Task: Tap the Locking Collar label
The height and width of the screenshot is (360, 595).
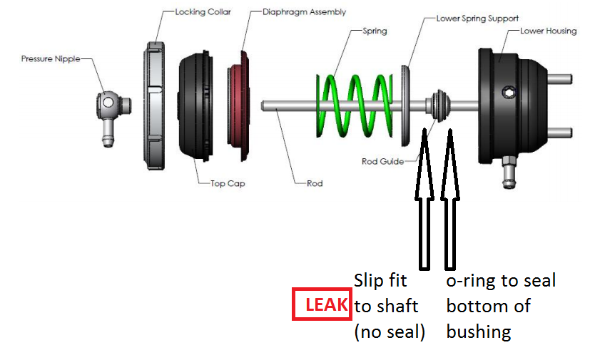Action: tap(203, 12)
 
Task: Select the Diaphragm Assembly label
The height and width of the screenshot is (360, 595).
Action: tap(304, 12)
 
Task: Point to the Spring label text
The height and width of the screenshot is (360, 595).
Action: tap(375, 31)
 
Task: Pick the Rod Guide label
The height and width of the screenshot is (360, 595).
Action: tap(382, 161)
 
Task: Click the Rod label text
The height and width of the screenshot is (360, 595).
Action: tap(315, 183)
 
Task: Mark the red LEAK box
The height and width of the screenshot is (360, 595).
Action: tap(322, 304)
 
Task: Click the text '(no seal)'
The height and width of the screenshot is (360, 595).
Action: tap(390, 331)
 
